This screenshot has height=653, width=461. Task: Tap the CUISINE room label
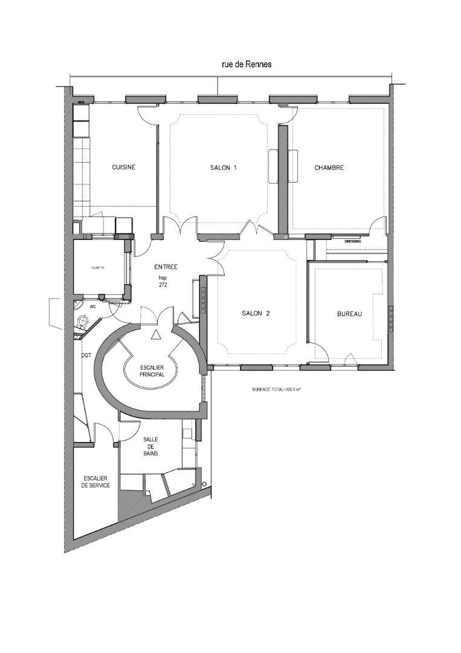coord(123,167)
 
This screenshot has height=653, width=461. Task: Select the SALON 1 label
coord(223,167)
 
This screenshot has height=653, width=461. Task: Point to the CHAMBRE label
coord(329,167)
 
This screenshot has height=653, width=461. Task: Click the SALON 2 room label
coord(255,313)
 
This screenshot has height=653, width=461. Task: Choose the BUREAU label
coord(349,314)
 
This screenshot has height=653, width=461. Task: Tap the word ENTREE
coord(166,267)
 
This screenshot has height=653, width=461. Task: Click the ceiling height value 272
coord(163,285)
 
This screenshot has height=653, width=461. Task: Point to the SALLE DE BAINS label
coord(150,446)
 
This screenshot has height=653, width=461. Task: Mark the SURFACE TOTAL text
coord(276,390)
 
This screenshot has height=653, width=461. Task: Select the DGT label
coord(86,356)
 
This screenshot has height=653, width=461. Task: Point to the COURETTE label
coord(97,267)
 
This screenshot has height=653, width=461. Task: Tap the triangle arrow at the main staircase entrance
coord(156,334)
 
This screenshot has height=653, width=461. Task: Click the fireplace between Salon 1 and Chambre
coord(283,165)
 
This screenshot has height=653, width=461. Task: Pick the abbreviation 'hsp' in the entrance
coord(163,278)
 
